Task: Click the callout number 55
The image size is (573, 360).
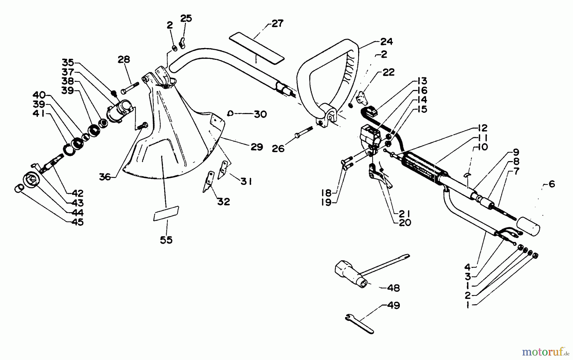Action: [x=166, y=240]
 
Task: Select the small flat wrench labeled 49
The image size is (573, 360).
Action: [x=359, y=324]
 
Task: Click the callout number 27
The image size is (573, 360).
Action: [x=277, y=24]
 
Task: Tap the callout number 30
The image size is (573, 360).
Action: [x=260, y=114]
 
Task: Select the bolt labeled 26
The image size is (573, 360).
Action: [x=305, y=132]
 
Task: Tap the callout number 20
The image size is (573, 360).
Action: [x=405, y=222]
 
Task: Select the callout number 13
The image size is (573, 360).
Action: [x=421, y=81]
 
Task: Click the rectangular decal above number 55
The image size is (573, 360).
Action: [x=166, y=213]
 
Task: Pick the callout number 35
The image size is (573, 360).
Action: [x=68, y=62]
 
